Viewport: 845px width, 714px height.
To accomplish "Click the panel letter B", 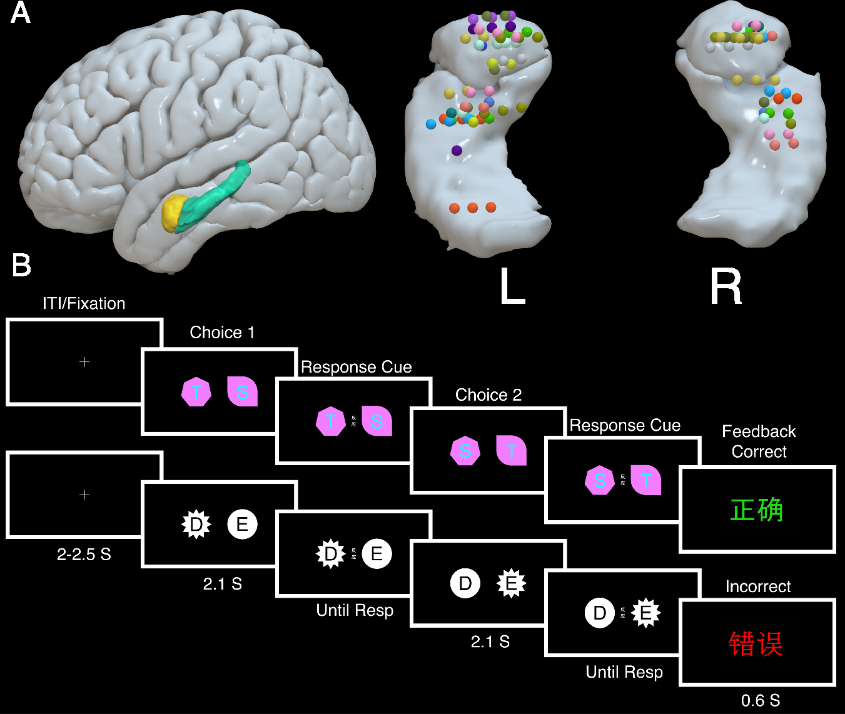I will point(21,265).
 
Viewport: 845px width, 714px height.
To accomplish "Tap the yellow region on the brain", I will point(171,213).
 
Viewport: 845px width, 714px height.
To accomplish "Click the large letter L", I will point(513,286).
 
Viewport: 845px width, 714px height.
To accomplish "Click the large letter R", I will point(726,286).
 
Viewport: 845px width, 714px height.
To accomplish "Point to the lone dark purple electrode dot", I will point(457,150).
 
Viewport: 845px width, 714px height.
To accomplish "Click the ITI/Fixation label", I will point(84,304).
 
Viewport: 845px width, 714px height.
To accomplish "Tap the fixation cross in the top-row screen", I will point(84,361).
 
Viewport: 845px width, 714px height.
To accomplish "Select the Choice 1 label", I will point(222,333).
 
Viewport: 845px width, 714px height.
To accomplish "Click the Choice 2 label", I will point(488,395).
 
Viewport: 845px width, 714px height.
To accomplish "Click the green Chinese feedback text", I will point(757,510).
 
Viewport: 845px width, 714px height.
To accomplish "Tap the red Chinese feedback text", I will point(756,643).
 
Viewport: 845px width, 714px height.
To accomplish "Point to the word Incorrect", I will point(758,586).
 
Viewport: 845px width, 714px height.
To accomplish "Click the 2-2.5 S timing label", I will point(84,555).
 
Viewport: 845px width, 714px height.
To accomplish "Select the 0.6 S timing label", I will point(761,700).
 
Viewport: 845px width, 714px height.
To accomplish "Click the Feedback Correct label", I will point(759,441).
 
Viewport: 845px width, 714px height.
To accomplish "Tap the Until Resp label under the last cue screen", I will point(624,672).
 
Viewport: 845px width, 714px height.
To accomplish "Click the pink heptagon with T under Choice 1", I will point(196,392).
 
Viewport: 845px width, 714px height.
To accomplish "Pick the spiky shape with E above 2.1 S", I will point(511,583).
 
